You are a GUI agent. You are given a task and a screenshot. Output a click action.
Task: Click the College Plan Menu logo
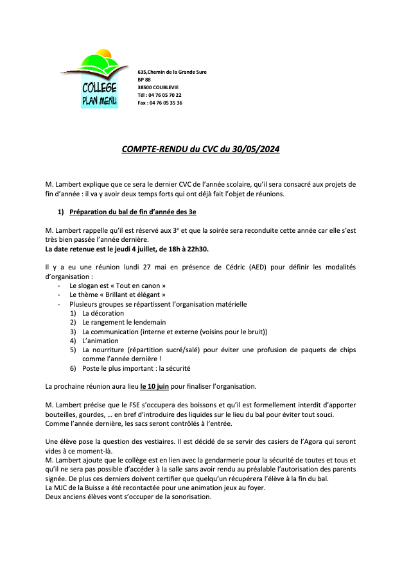point(100,81)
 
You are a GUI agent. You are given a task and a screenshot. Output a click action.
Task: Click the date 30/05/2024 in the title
point(255,149)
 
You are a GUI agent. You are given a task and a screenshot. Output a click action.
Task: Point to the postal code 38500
point(145,87)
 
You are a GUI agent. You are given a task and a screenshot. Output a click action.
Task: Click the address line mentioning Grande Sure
point(171,72)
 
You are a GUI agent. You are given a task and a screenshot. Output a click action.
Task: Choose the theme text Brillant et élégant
point(139,294)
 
